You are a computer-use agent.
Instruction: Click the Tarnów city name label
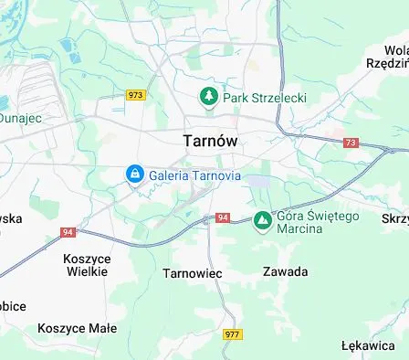point(210,141)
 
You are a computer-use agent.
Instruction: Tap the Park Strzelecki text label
point(266,97)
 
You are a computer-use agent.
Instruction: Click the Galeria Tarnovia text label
point(194,174)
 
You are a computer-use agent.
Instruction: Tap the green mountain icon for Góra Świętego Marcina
point(263,220)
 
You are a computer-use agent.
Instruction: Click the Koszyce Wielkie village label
point(86,265)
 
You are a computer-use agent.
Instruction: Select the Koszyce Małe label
point(77,327)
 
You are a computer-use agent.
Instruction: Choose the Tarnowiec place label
point(193,272)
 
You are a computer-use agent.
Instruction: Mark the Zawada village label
point(285,271)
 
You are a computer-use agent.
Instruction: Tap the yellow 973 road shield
point(136,95)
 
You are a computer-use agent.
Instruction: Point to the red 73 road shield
point(351,143)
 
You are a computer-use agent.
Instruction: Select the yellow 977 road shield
point(232,334)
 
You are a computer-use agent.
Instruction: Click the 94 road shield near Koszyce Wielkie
point(68,232)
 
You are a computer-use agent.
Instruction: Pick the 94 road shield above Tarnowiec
point(223,218)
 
